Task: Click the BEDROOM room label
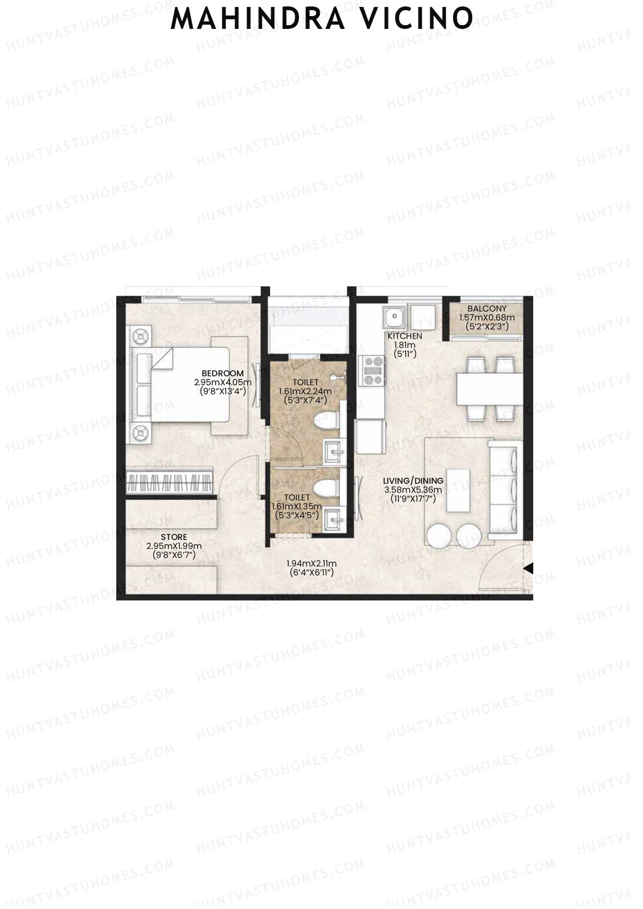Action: pos(222,373)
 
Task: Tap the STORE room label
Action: pos(174,537)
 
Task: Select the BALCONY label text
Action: pos(487,309)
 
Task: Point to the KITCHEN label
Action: pos(405,336)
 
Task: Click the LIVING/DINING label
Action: pos(413,481)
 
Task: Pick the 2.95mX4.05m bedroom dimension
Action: pos(223,382)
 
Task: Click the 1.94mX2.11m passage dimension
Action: pos(311,564)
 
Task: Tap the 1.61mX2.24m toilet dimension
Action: pos(305,391)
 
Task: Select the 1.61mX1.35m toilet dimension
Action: pos(297,506)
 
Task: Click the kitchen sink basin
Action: pos(394,318)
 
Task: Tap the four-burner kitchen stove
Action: pos(372,371)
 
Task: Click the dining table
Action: pos(490,389)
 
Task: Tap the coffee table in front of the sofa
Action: pos(458,491)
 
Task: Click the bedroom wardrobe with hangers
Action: pos(170,483)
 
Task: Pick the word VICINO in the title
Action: pos(417,19)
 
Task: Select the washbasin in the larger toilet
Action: pos(334,452)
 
